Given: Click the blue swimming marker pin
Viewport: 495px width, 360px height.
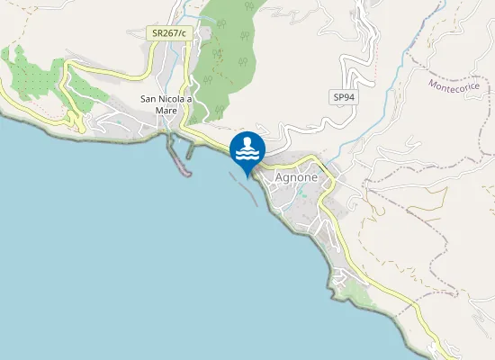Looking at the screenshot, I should pos(247,149).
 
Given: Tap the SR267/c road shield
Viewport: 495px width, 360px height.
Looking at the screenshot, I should pos(169,32).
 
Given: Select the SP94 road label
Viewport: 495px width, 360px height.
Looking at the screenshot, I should pos(343,96).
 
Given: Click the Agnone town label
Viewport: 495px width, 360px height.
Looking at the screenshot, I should pos(296,178).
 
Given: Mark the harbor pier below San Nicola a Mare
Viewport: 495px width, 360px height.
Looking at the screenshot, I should pos(179,157).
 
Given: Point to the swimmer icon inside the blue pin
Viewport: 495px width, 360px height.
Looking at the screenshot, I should pos(247,143).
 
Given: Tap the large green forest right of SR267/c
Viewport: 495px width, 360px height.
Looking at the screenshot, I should pos(225,54).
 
